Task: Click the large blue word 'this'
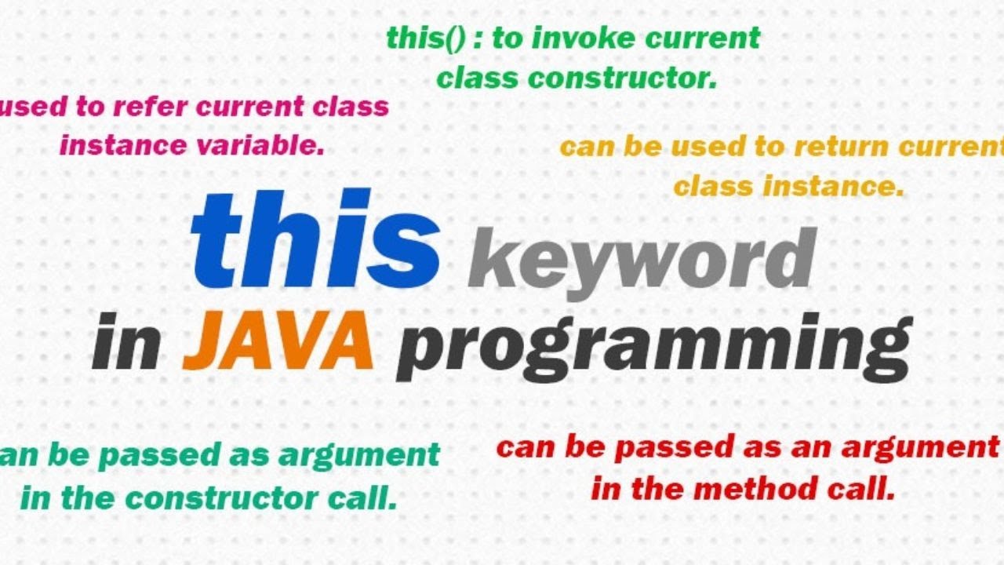(x=315, y=239)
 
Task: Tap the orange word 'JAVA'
(x=278, y=341)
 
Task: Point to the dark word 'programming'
(x=654, y=348)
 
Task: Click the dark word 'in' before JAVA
(x=126, y=341)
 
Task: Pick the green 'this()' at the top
(x=426, y=38)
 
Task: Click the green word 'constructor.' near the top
(x=623, y=78)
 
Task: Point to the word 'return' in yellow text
(x=841, y=147)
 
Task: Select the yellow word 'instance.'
(x=834, y=186)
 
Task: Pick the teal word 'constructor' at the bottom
(x=221, y=498)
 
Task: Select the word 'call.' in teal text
(x=362, y=497)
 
